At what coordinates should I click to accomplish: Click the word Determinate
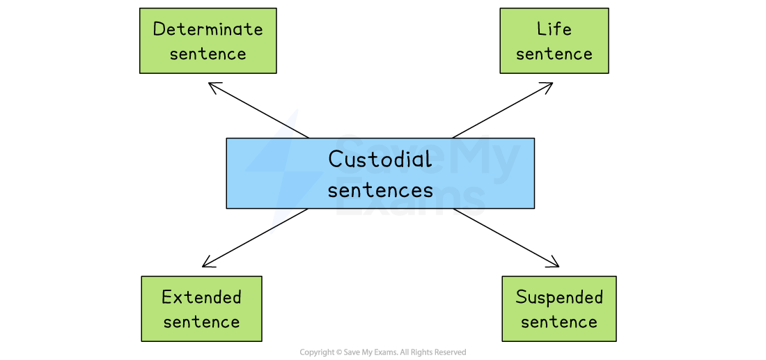pyautogui.click(x=208, y=29)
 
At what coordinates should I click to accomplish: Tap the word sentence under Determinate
pyautogui.click(x=208, y=54)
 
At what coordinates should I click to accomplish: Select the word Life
pyautogui.click(x=554, y=29)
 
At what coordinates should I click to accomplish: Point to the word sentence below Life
pyautogui.click(x=554, y=54)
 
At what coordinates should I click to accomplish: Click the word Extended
pyautogui.click(x=201, y=297)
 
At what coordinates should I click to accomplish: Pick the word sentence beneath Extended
pyautogui.click(x=201, y=322)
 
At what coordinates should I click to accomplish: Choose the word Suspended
pyautogui.click(x=559, y=297)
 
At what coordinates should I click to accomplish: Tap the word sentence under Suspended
pyautogui.click(x=559, y=322)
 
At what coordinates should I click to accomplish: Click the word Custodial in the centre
pyautogui.click(x=380, y=159)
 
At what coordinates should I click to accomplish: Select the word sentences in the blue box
pyautogui.click(x=380, y=189)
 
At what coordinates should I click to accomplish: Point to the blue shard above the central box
pyautogui.click(x=288, y=125)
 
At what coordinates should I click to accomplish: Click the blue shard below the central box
pyautogui.click(x=278, y=220)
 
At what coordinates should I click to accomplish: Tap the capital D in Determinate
pyautogui.click(x=159, y=29)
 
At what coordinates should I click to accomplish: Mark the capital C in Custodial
pyautogui.click(x=335, y=159)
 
